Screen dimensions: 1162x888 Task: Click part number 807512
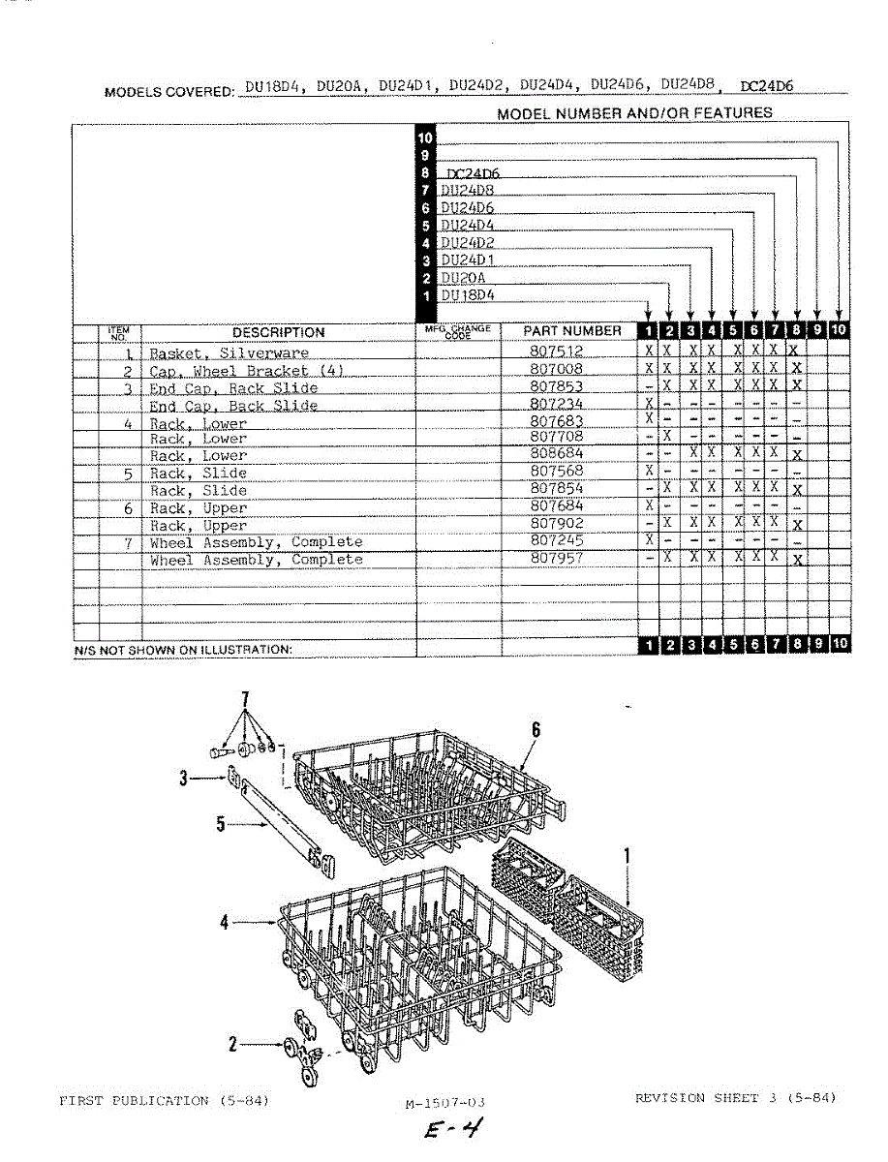point(557,352)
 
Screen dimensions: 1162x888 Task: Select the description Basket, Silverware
point(229,353)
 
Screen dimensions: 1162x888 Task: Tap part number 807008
point(557,370)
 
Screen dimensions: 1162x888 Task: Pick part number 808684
point(557,454)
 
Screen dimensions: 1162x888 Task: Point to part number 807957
point(557,559)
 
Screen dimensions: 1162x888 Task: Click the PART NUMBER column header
point(572,331)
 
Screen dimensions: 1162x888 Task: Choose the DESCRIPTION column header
point(279,332)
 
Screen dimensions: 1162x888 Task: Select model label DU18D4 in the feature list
point(468,294)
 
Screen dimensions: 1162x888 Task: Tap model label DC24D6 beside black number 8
point(473,173)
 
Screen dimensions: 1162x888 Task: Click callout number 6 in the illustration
point(536,729)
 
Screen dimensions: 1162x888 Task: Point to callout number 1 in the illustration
point(628,855)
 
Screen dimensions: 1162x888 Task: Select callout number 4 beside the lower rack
point(225,924)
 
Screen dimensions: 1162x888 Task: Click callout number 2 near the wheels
point(233,1045)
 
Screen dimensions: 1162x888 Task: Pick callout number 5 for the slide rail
point(221,824)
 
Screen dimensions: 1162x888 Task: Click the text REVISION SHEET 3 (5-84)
point(735,1097)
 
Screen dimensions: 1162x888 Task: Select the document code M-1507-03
point(444,1103)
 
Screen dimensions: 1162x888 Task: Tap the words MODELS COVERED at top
point(168,92)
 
